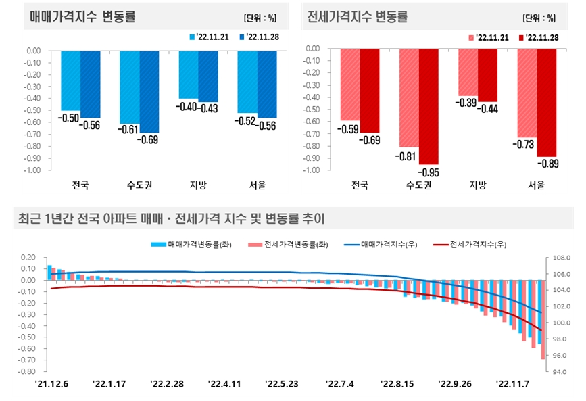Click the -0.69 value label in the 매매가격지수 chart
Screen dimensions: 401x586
[149, 140]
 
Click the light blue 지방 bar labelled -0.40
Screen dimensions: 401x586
[189, 74]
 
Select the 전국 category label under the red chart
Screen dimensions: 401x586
[360, 185]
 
